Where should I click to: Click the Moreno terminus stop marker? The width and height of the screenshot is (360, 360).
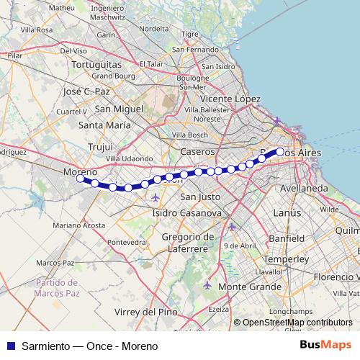pos(80,179)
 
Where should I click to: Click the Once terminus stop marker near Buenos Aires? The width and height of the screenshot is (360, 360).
pos(280,151)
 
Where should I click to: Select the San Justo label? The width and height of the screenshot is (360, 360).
pos(199,197)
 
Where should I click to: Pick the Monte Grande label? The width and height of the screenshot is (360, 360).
pos(240,287)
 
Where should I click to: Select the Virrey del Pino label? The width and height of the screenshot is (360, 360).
pos(146,312)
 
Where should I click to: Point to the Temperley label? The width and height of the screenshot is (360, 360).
pos(286,258)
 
